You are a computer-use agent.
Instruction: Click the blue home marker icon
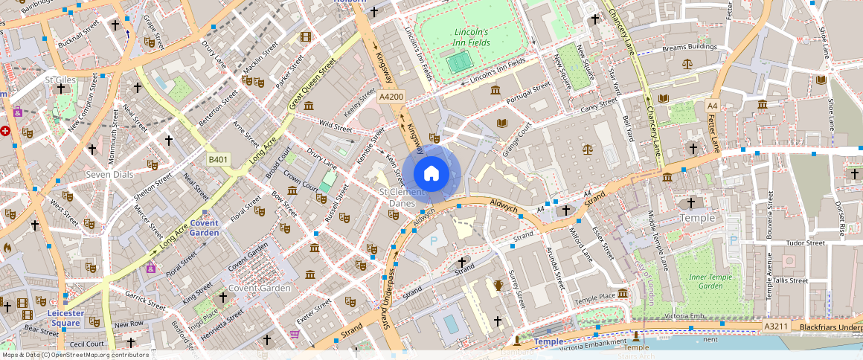click(431, 174)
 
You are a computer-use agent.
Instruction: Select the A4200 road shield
click(391, 97)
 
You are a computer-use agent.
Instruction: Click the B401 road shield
click(218, 159)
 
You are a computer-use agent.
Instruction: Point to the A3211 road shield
click(775, 327)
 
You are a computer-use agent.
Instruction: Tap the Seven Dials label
click(109, 174)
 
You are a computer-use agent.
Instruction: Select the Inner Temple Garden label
click(706, 281)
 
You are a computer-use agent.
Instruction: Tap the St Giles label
click(61, 80)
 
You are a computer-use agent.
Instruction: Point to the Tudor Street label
click(806, 242)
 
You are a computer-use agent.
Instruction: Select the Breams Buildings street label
click(688, 47)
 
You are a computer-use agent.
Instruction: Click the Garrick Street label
click(145, 300)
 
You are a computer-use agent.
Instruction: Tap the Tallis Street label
click(789, 280)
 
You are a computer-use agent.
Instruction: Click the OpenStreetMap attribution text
click(74, 355)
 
